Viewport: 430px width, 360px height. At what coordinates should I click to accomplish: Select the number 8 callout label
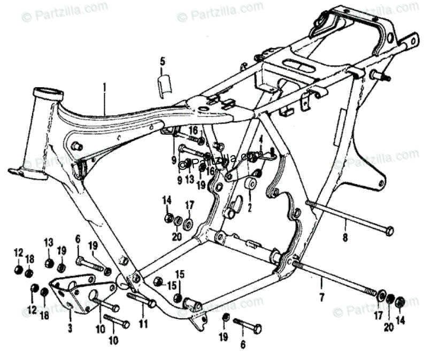tap(345, 238)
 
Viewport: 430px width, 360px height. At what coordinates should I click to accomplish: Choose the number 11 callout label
tap(143, 324)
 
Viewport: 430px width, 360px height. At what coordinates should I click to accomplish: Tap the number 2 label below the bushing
tap(249, 206)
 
